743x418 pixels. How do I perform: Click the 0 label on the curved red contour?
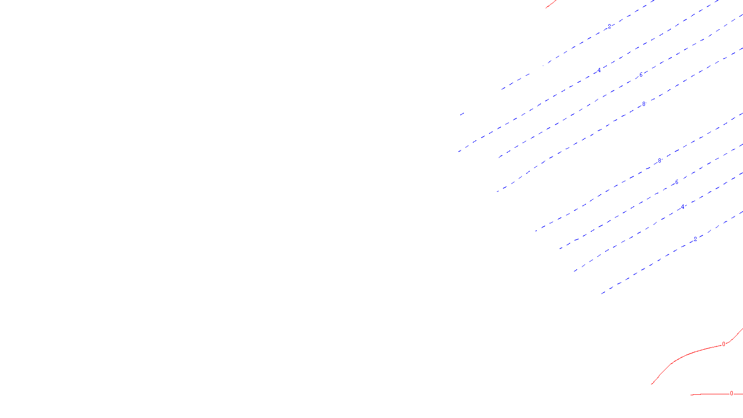[723, 344]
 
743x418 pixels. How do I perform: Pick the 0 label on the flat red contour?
[731, 393]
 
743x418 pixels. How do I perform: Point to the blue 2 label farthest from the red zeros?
[609, 26]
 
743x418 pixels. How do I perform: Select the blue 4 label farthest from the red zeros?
[599, 71]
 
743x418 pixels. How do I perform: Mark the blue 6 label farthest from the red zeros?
[641, 75]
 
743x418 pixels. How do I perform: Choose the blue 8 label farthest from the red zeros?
[644, 104]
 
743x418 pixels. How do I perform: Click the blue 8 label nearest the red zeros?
[659, 161]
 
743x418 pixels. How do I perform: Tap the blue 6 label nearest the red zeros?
[677, 182]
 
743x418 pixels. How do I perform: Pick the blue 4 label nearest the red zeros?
[683, 207]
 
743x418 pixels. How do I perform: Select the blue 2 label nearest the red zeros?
[695, 239]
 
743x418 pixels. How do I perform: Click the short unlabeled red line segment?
[551, 4]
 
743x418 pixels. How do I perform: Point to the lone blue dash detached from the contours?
[462, 114]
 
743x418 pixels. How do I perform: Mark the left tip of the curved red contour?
[652, 384]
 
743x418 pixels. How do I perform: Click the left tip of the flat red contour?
[691, 395]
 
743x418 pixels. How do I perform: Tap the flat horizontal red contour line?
[710, 394]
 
